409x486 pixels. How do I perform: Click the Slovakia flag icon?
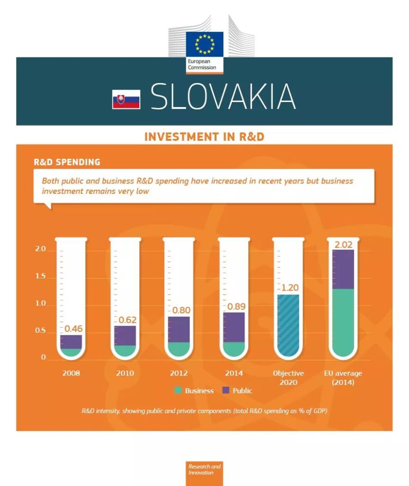tap(126, 99)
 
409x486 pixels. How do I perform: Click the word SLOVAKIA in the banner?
tap(223, 97)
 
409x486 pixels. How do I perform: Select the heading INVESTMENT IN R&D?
tap(204, 137)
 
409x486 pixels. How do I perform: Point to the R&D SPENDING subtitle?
tap(67, 162)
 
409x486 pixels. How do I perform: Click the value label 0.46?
tap(73, 328)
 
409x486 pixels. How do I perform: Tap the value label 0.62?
tap(127, 320)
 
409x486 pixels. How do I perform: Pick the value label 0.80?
tap(181, 310)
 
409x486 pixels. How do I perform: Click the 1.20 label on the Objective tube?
tap(290, 288)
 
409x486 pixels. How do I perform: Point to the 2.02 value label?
tap(344, 245)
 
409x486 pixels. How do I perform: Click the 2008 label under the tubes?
tap(71, 373)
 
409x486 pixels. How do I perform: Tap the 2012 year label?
tap(179, 373)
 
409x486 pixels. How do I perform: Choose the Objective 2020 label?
tap(288, 377)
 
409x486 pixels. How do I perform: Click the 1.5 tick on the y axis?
tap(40, 276)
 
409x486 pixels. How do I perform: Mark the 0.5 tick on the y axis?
tap(40, 331)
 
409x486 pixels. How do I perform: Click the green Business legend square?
tap(178, 391)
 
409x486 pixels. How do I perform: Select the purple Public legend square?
tap(226, 391)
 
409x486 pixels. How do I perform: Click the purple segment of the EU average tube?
tap(343, 269)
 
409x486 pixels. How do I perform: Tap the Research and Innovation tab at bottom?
tap(204, 469)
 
